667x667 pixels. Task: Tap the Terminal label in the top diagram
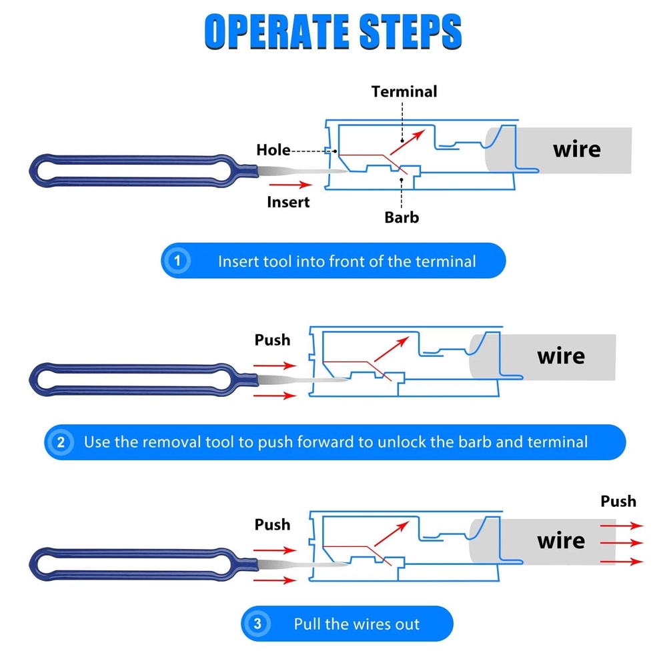404,91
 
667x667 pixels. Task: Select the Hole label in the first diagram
273,150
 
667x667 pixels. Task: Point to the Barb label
402,217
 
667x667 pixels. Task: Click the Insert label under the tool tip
288,201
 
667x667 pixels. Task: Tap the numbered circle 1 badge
177,261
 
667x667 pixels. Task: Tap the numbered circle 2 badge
61,442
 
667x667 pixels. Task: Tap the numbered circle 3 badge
257,624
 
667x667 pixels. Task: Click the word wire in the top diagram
576,149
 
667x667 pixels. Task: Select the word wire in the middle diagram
561,356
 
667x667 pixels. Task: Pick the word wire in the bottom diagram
561,540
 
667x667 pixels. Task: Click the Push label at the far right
618,501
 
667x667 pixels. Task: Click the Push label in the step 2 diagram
272,340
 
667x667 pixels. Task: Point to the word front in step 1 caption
347,261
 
